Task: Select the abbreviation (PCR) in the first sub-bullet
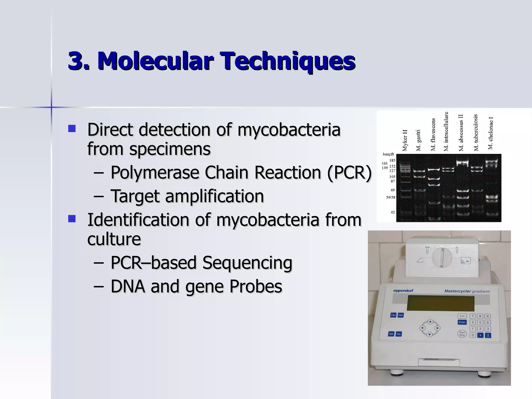click(x=349, y=172)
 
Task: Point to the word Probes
click(x=256, y=286)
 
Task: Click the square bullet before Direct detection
click(x=72, y=129)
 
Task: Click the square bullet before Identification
click(x=72, y=219)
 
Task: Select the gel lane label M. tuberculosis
click(x=476, y=132)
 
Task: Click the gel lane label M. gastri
click(x=418, y=140)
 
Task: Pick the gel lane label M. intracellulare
click(x=446, y=131)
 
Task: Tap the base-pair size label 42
click(x=393, y=212)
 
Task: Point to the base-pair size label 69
click(x=393, y=190)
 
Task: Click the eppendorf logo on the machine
click(x=403, y=291)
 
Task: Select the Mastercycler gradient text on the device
click(x=467, y=291)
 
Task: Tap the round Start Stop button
click(x=462, y=334)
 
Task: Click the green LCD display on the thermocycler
click(x=440, y=303)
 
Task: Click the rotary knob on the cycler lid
click(x=442, y=257)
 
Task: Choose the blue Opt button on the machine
click(x=393, y=315)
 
